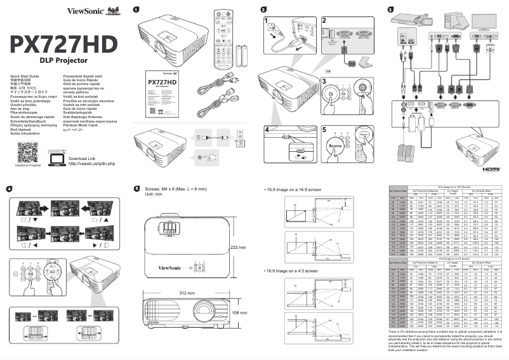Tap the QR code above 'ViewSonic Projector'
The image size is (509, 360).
(27, 153)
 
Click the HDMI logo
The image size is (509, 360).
(491, 170)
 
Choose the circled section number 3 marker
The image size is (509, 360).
(390, 9)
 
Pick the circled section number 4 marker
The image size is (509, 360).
(9, 189)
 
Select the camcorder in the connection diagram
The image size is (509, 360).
(407, 20)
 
